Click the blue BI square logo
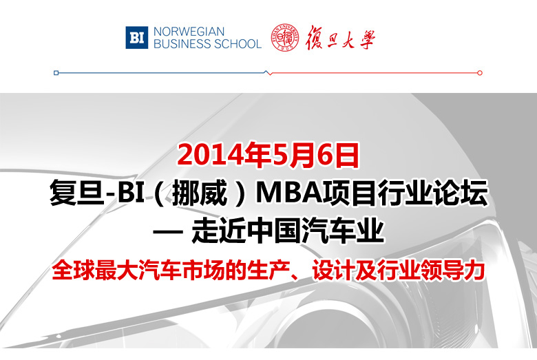coord(136,37)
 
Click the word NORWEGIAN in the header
coord(189,32)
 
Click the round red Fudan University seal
coord(284,38)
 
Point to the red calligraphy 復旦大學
coord(340,38)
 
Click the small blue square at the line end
coord(56,72)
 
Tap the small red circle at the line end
coord(480,72)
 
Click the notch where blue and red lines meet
coord(268,72)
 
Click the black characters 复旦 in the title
coord(76,193)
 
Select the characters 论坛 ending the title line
coord(461,193)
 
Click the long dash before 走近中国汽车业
coord(167,232)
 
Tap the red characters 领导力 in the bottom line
coord(453,271)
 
